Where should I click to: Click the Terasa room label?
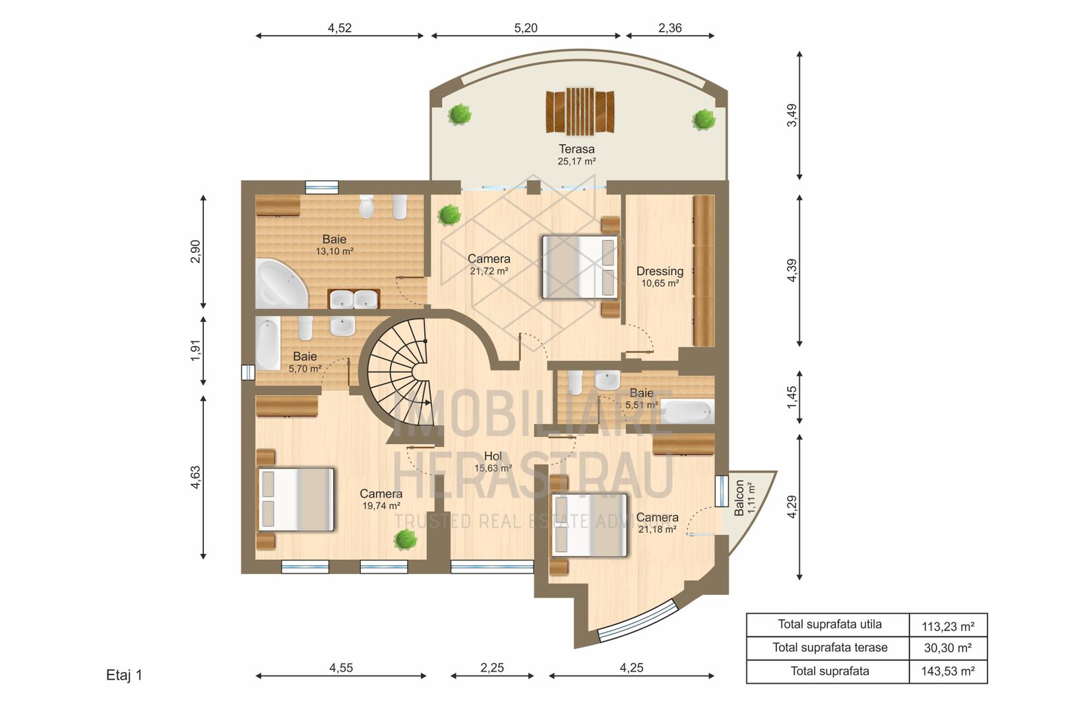point(577,150)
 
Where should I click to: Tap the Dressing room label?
point(660,271)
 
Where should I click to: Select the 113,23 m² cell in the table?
point(948,625)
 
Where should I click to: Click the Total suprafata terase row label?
point(829,648)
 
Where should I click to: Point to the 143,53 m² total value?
point(948,671)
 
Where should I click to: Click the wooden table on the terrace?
point(580,112)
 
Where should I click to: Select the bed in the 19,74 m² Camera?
point(296,499)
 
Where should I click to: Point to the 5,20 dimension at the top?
point(526,28)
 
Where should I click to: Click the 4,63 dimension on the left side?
point(195,477)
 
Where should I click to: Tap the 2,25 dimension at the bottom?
point(492,668)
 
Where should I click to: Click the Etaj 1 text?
point(124,675)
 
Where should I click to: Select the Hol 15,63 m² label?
point(493,461)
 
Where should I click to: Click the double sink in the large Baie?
point(354,300)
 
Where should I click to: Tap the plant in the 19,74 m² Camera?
point(405,539)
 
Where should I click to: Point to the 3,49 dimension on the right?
point(792,115)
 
